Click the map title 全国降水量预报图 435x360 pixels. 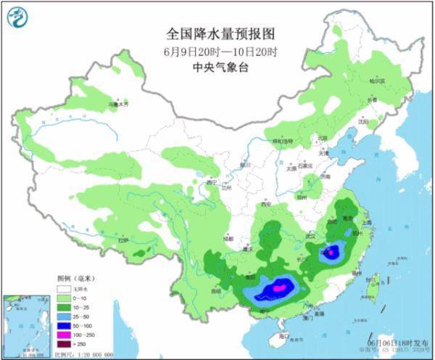click(x=217, y=33)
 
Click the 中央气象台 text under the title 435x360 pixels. click(x=217, y=66)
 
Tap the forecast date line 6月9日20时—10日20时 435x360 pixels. click(x=217, y=50)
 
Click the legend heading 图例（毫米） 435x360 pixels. click(x=75, y=278)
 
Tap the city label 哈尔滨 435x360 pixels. click(x=376, y=81)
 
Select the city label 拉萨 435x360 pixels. click(x=124, y=239)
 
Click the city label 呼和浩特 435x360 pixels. click(x=281, y=141)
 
